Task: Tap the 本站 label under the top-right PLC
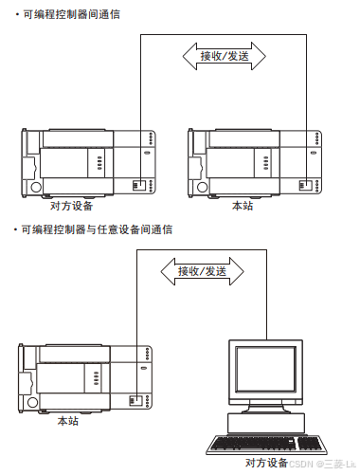pos(243,205)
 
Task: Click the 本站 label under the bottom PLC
pos(68,420)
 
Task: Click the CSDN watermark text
pos(321,464)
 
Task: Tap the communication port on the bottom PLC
pos(138,399)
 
